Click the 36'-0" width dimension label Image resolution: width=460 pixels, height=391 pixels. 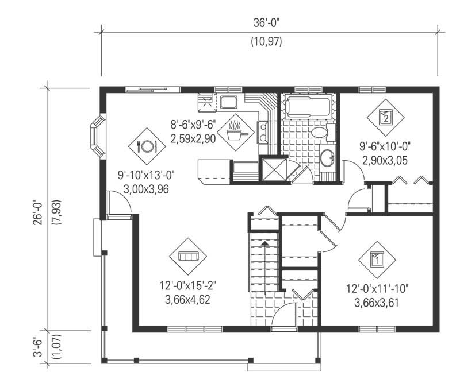point(269,23)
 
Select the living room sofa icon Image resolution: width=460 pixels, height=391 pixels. point(188,255)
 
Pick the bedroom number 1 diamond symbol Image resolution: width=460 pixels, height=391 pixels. point(377,259)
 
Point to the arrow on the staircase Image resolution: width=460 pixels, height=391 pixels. point(264,243)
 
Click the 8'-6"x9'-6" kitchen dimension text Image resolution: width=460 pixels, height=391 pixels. point(193,123)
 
